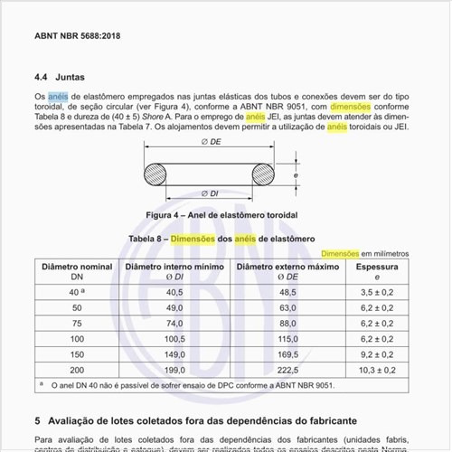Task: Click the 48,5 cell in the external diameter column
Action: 287,293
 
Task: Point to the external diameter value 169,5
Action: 287,353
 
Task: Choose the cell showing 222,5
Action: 287,369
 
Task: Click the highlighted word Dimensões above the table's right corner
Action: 341,254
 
